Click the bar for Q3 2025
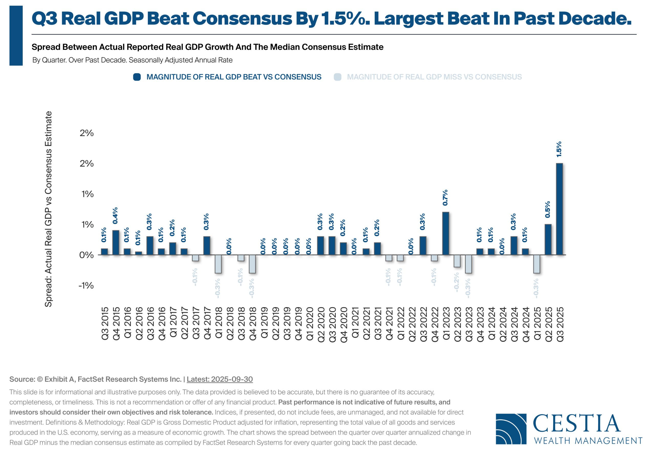coord(559,209)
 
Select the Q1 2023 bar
coord(445,233)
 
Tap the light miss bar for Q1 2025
coord(537,264)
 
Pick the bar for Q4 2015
coord(116,242)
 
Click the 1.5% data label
coord(559,149)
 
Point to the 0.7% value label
coord(445,198)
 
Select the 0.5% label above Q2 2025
coord(547,209)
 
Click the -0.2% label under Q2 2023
coord(456,282)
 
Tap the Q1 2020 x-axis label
coord(310,324)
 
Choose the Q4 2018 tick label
coord(253,324)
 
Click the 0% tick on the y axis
coord(86,255)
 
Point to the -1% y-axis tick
coord(86,285)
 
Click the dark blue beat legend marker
coord(137,77)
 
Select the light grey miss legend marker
coord(337,77)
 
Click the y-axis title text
coord(48,209)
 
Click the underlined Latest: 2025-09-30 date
coord(220,379)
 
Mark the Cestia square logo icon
coord(511,429)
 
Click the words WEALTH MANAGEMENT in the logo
coord(588,441)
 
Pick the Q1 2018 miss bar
coord(218,264)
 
